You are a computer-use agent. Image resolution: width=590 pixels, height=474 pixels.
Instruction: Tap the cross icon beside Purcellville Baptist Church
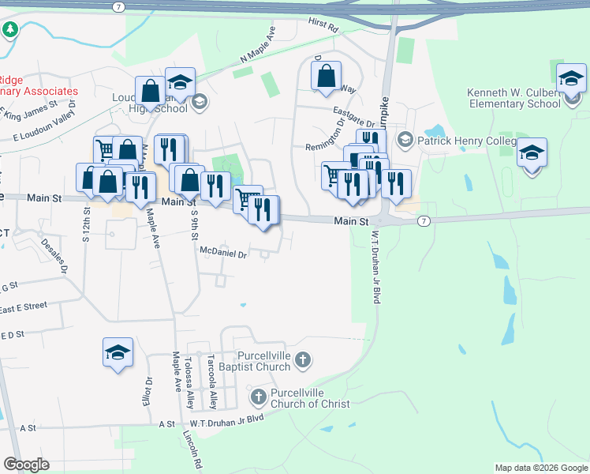pos(304,362)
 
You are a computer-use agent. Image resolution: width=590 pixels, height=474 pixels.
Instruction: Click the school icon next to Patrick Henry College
pos(405,141)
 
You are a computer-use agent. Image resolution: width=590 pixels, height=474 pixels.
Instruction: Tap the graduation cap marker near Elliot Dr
pos(118,352)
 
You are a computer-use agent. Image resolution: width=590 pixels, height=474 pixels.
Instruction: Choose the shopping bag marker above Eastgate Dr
pos(326,77)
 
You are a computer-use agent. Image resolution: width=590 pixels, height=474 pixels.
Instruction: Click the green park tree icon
pos(10,31)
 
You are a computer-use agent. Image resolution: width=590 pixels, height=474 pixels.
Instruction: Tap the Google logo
pos(26,465)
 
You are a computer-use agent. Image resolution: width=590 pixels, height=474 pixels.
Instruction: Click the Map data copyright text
pos(540,468)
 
